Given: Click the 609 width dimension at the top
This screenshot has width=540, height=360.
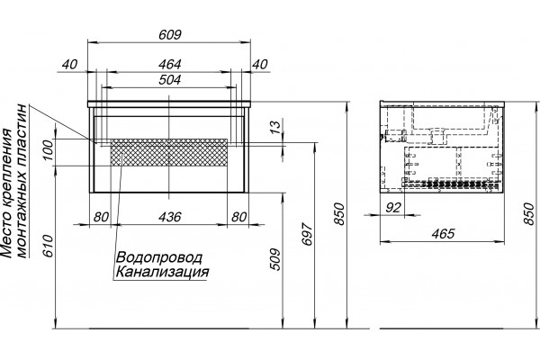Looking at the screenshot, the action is [169, 35].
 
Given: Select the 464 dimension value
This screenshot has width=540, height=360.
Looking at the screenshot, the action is [169, 65].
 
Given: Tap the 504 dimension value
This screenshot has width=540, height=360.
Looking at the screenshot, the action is [169, 80].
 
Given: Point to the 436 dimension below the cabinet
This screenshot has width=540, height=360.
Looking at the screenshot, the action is [169, 217].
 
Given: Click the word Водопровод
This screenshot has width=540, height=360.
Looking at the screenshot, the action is [159, 257].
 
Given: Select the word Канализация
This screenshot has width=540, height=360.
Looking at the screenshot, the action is [162, 272].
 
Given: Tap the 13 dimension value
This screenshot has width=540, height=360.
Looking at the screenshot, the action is [276, 127].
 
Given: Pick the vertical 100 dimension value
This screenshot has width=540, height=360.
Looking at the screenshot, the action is [49, 149].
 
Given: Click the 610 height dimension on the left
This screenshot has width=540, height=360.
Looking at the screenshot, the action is [49, 246].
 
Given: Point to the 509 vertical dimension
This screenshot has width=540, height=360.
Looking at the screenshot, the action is [275, 259].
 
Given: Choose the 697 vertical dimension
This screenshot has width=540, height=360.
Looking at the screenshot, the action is [307, 234].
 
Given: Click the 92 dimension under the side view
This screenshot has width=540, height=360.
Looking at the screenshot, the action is [393, 207].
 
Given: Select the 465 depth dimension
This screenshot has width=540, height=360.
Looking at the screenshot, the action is [443, 234].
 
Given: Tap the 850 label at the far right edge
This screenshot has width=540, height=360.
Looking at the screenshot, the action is [530, 213].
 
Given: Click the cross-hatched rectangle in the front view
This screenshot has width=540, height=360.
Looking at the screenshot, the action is [169, 152].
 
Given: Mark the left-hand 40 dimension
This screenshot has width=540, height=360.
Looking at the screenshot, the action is [69, 65].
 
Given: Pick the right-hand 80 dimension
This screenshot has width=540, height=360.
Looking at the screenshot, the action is [238, 217].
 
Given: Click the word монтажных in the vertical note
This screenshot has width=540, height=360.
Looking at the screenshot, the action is [22, 217].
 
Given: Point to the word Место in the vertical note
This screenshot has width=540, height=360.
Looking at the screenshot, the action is [7, 239].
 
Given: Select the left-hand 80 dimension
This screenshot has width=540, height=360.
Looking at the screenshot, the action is [101, 217].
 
